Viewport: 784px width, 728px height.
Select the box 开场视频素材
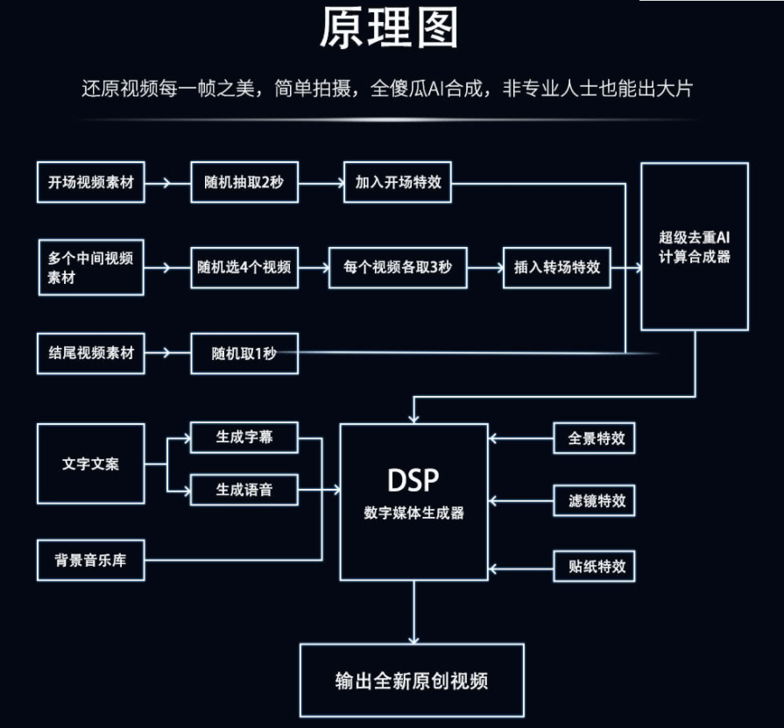point(91,182)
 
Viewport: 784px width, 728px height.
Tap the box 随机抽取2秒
point(244,182)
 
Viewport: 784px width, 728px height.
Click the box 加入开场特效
point(398,182)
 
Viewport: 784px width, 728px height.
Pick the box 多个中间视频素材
point(91,266)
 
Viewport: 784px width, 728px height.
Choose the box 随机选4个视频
point(244,267)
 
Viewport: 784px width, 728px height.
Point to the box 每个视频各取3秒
point(398,267)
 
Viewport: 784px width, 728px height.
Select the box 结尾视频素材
point(91,352)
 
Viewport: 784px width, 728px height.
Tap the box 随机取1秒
point(244,353)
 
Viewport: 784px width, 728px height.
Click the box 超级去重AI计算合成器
point(695,246)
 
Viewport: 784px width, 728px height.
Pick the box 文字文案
point(91,463)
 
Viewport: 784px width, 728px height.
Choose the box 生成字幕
point(244,437)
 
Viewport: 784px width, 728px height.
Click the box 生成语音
point(244,490)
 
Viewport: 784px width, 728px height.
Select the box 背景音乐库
point(91,559)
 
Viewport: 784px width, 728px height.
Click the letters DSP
point(413,480)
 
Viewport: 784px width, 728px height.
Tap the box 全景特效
point(596,438)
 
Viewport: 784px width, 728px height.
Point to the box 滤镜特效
point(596,501)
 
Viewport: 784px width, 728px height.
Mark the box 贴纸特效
point(596,565)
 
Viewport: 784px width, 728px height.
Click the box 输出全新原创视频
point(412,681)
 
